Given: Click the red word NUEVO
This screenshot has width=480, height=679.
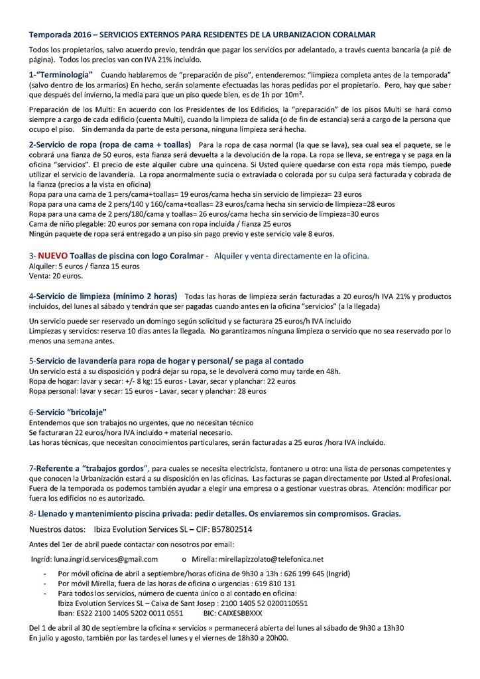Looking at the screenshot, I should pos(52,255).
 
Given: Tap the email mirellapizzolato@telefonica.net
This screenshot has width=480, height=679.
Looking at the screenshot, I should pos(270,559).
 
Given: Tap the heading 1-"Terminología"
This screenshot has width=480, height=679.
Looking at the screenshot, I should pos(61,75).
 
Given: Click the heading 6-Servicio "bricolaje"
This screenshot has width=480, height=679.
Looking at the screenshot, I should pos(68,412).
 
